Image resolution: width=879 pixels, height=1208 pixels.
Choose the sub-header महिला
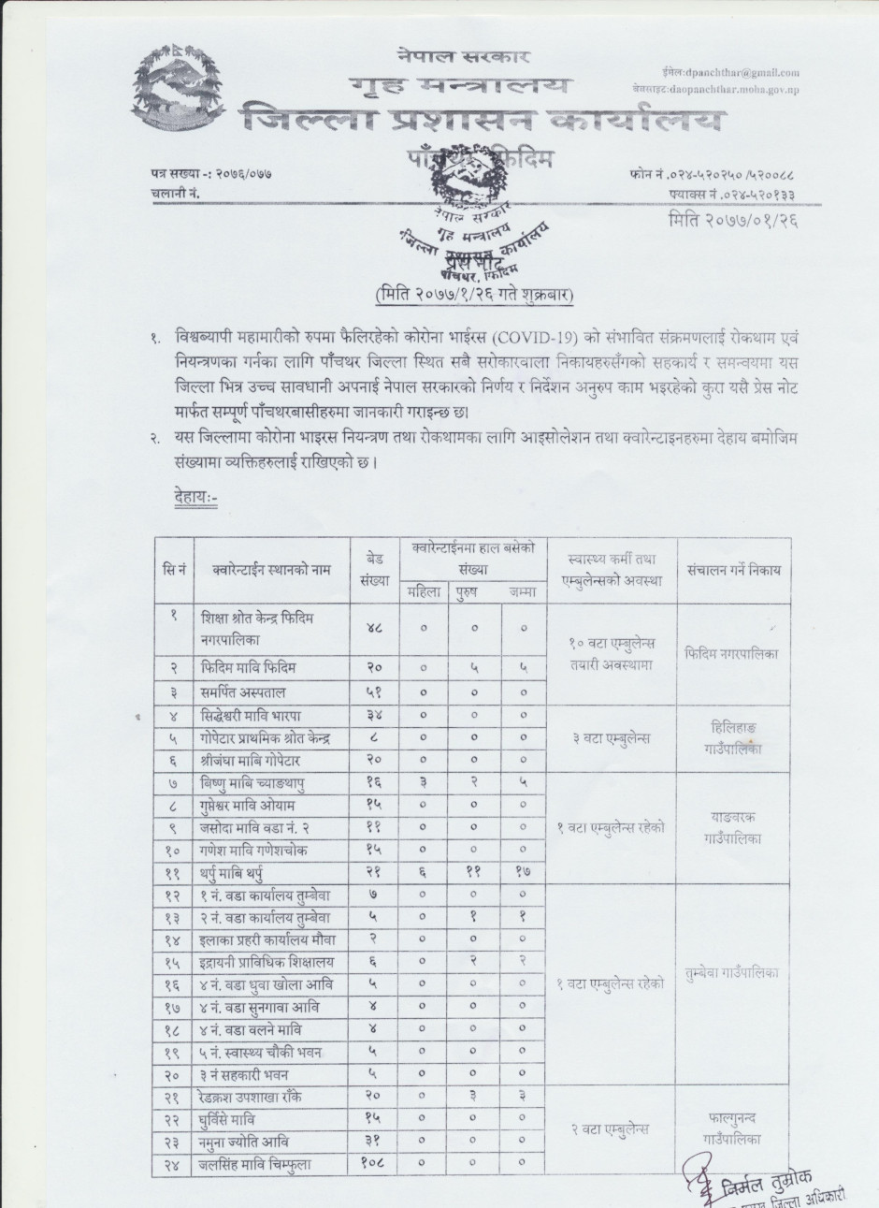tap(423, 591)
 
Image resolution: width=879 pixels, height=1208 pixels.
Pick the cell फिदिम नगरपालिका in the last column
tap(731, 653)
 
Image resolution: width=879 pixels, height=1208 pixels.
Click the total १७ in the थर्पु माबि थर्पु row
tap(523, 872)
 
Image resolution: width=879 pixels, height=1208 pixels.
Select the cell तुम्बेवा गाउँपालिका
tap(732, 972)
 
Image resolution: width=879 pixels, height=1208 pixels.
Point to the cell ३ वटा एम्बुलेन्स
tap(611, 738)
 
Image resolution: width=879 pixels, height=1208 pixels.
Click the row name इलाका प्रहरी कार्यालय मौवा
tap(267, 939)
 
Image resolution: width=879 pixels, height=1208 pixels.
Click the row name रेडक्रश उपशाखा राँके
tap(251, 1097)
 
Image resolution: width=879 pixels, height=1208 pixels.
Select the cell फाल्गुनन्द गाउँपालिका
tap(732, 1128)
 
